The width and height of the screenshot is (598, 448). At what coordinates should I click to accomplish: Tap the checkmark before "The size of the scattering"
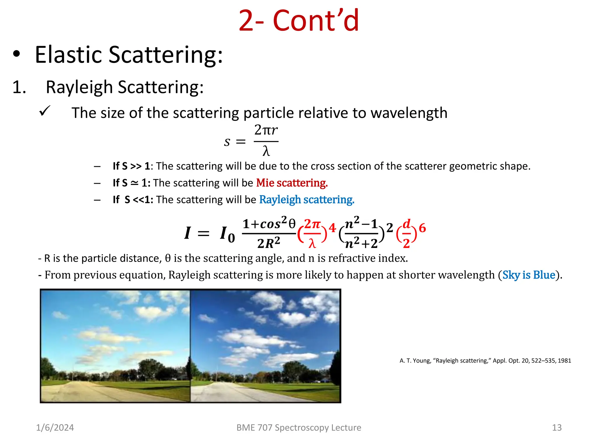point(45,111)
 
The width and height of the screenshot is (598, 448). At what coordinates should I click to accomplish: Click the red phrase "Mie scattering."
point(292,183)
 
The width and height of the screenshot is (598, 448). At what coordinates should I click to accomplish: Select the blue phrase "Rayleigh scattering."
point(307,200)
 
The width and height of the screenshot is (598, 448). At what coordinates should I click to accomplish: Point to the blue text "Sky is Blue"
point(529,275)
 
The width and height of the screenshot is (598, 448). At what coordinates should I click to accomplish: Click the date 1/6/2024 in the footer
point(55,428)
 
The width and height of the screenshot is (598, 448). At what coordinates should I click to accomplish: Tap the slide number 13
point(557,428)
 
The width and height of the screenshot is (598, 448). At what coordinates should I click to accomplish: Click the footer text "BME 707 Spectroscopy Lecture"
point(298,428)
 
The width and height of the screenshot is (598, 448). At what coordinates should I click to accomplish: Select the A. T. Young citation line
point(485,361)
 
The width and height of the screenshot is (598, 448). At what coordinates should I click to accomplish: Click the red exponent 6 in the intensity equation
point(422,228)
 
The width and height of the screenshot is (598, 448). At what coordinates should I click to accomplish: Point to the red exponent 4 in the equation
point(332,228)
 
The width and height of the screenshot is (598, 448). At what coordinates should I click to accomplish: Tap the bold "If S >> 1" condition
point(131,166)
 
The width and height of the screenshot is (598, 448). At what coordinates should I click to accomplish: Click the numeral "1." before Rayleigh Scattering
point(19,87)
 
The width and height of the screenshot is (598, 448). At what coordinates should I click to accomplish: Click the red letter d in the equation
point(406,224)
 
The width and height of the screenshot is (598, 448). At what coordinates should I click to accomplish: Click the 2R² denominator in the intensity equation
point(269,243)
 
